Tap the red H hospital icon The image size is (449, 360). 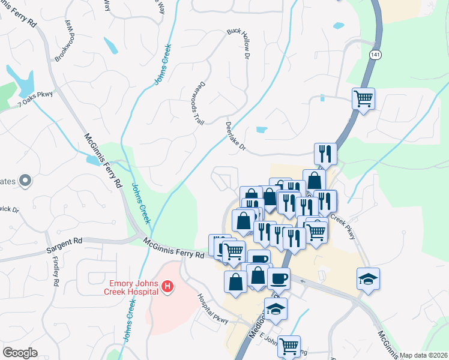[x=167, y=288]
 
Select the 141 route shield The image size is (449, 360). [x=375, y=55]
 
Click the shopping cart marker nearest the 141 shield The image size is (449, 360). [x=363, y=98]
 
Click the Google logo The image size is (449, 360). [x=20, y=353]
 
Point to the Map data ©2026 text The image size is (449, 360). [x=423, y=355]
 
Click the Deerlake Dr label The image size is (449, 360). [x=236, y=136]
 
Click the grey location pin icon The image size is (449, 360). [x=25, y=180]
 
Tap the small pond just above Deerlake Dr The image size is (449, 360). [x=261, y=130]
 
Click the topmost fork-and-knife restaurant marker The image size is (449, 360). [x=325, y=154]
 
